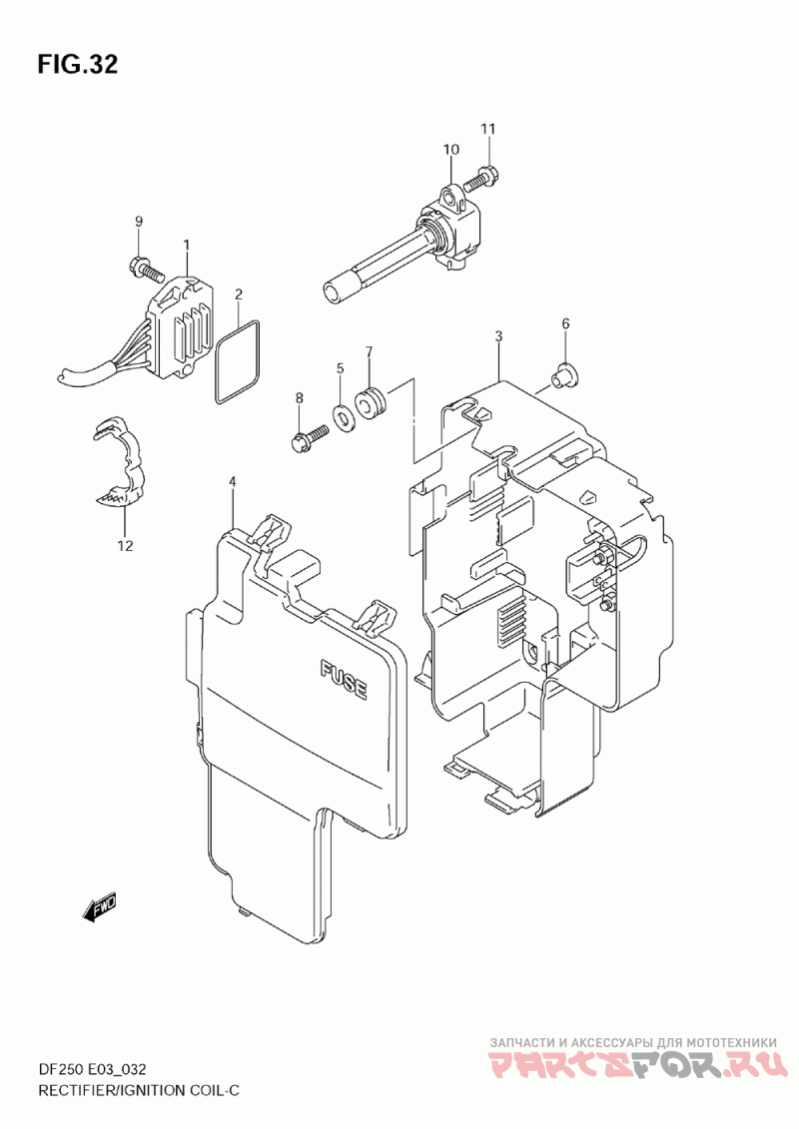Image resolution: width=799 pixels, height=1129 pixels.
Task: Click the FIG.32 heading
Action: pos(78,64)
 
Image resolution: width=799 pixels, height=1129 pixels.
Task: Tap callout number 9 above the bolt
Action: pos(139,221)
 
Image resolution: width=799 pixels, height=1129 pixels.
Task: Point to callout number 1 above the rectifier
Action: pos(186,245)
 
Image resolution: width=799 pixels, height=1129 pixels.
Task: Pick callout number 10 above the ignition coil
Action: pos(451,150)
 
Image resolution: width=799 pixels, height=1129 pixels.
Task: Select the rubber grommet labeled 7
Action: pos(373,403)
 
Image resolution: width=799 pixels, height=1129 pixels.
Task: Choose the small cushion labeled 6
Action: pos(565,374)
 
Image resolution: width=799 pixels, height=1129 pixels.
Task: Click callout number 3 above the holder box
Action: pos(498,336)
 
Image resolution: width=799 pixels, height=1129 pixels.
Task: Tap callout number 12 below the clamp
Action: pos(126,546)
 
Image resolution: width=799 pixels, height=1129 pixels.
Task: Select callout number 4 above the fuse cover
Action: pos(232,481)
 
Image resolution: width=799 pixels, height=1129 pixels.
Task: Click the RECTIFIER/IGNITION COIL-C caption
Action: pos(139,1090)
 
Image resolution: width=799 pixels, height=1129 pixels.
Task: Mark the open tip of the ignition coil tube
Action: pos(333,293)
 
